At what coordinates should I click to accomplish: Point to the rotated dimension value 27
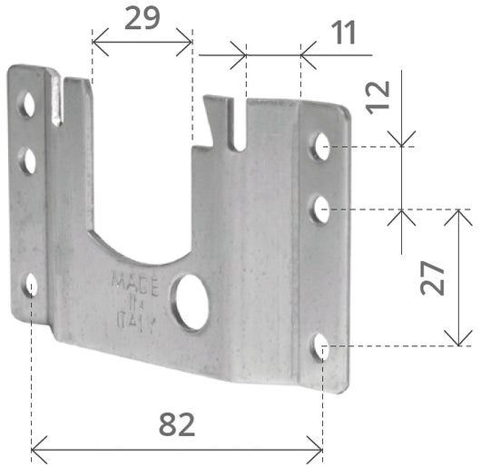tap(433, 277)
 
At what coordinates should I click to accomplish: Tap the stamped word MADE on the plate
tap(135, 282)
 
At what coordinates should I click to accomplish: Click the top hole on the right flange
tap(320, 146)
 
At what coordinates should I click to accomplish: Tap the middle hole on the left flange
tap(29, 161)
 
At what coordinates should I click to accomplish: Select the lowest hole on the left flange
tap(31, 287)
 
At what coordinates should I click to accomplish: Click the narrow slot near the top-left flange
tap(59, 102)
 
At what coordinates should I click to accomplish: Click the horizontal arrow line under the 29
tap(142, 40)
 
